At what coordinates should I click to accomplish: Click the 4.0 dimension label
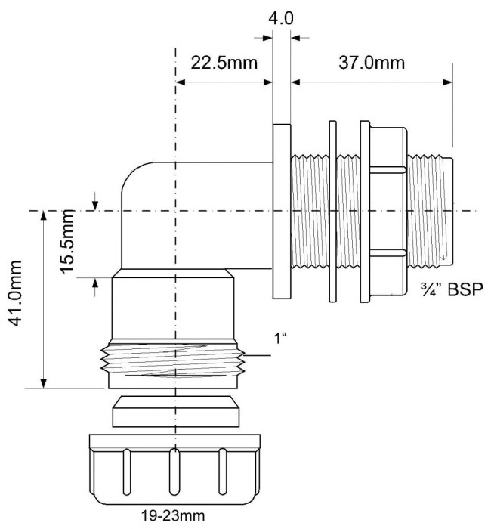click(x=281, y=19)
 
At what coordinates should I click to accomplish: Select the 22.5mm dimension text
click(x=224, y=63)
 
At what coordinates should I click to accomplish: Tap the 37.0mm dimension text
click(x=372, y=63)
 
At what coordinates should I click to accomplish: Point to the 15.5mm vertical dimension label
click(x=67, y=241)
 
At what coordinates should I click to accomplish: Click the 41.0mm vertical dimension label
click(x=15, y=293)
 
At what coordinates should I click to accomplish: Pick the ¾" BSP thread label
click(x=452, y=289)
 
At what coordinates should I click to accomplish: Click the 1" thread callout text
click(x=280, y=338)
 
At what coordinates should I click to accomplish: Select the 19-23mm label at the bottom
click(x=173, y=516)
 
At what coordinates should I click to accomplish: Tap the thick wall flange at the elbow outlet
click(x=282, y=211)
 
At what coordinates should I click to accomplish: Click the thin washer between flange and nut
click(x=332, y=211)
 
